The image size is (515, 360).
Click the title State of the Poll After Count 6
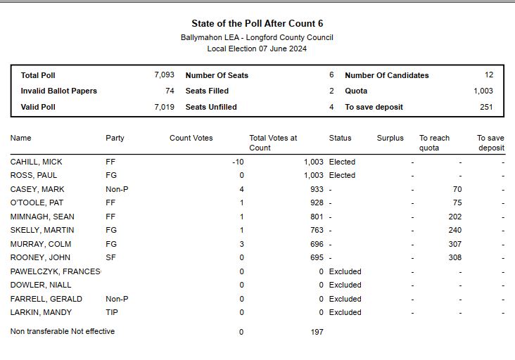[257, 24]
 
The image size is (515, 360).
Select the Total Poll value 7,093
[164, 75]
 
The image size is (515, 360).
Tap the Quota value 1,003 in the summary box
[483, 91]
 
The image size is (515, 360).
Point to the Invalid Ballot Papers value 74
[170, 91]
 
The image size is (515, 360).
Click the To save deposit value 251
[486, 108]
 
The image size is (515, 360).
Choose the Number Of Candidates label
[386, 75]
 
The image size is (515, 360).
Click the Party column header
[115, 138]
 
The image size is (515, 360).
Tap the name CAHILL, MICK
[36, 162]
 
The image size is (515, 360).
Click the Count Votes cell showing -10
[237, 162]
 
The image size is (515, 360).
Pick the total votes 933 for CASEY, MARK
[316, 189]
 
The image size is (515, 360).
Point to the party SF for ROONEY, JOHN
[110, 258]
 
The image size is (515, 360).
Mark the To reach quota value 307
[454, 244]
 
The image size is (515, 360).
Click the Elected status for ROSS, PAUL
[342, 175]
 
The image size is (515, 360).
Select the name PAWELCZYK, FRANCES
[55, 271]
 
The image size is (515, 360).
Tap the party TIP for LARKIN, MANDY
[112, 312]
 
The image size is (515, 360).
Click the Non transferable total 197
[317, 332]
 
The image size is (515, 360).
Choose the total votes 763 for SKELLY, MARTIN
[316, 230]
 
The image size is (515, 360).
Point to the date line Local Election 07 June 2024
[257, 49]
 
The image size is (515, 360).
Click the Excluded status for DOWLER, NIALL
[345, 285]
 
